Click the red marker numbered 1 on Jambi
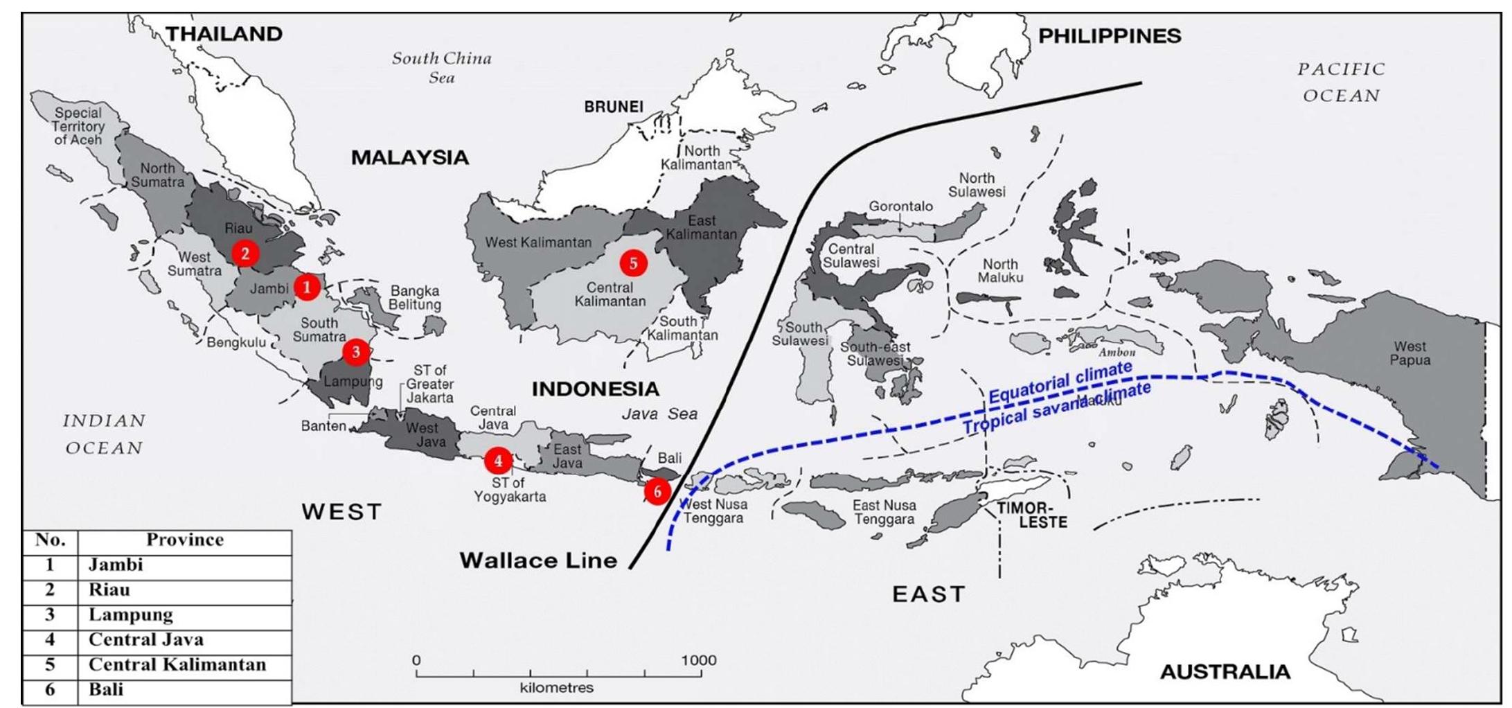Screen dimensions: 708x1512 coord(307,287)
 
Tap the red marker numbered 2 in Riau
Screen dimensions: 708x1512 coord(244,254)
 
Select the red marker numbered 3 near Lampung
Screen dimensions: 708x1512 coord(356,352)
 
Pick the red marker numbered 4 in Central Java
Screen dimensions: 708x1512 coord(498,460)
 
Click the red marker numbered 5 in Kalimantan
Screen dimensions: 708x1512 coord(633,263)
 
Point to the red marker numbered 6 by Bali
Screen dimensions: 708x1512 coord(657,492)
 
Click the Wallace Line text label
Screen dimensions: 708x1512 coord(538,560)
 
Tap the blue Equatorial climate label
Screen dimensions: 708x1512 coord(1060,382)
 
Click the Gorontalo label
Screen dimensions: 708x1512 coord(900,206)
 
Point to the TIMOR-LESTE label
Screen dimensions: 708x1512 coord(1033,515)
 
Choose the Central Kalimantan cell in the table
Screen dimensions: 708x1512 coord(177,664)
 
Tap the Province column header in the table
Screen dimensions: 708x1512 coord(184,540)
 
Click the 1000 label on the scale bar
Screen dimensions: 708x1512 coord(698,660)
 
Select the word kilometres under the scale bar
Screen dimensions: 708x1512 coord(556,688)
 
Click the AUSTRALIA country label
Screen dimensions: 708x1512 coord(1225,671)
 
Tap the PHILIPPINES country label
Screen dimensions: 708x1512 coord(1109,36)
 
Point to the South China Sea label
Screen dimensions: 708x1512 coord(441,68)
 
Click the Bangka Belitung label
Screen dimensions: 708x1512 coord(414,298)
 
